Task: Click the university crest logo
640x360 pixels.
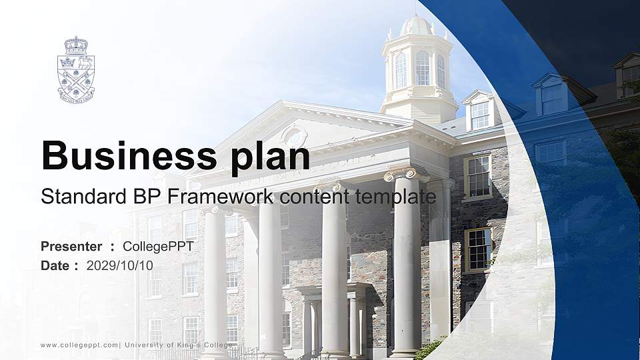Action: (75, 69)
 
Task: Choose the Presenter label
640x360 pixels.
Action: (71, 247)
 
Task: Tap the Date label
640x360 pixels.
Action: (55, 265)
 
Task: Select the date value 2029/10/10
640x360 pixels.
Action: (119, 265)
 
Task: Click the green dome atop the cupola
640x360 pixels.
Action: (417, 25)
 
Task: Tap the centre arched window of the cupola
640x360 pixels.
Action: (422, 67)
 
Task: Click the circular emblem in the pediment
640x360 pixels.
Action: (294, 137)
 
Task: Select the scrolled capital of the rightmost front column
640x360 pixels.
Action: (406, 174)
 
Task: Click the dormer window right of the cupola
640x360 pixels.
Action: (480, 114)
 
